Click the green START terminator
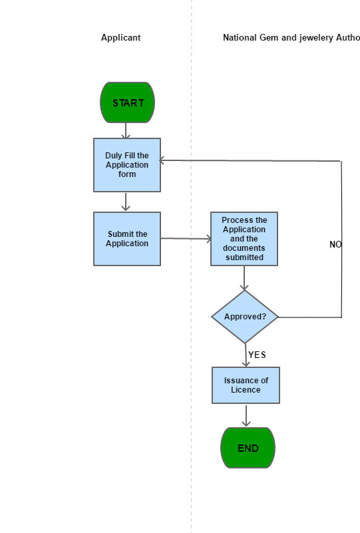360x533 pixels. tap(128, 102)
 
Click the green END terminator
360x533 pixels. tap(248, 448)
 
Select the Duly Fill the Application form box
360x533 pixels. tap(127, 165)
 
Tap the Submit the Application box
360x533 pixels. tap(127, 239)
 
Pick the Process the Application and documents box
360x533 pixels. tap(244, 239)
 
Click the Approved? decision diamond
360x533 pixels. tap(245, 317)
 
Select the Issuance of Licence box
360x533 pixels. tap(246, 385)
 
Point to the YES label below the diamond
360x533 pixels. tap(257, 355)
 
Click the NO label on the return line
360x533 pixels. tap(335, 244)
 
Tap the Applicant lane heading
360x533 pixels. tap(120, 37)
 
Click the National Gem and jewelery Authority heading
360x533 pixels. tap(291, 37)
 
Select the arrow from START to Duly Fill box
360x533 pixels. tap(126, 130)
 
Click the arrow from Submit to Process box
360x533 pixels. tap(186, 239)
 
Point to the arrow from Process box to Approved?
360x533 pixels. tap(244, 278)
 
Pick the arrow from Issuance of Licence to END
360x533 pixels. tap(246, 415)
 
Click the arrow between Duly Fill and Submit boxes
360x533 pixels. tap(126, 202)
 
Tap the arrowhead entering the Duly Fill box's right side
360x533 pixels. tap(162, 160)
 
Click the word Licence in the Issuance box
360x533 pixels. tap(246, 390)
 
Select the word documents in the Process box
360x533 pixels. tap(244, 248)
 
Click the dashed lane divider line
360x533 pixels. tap(192, 266)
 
